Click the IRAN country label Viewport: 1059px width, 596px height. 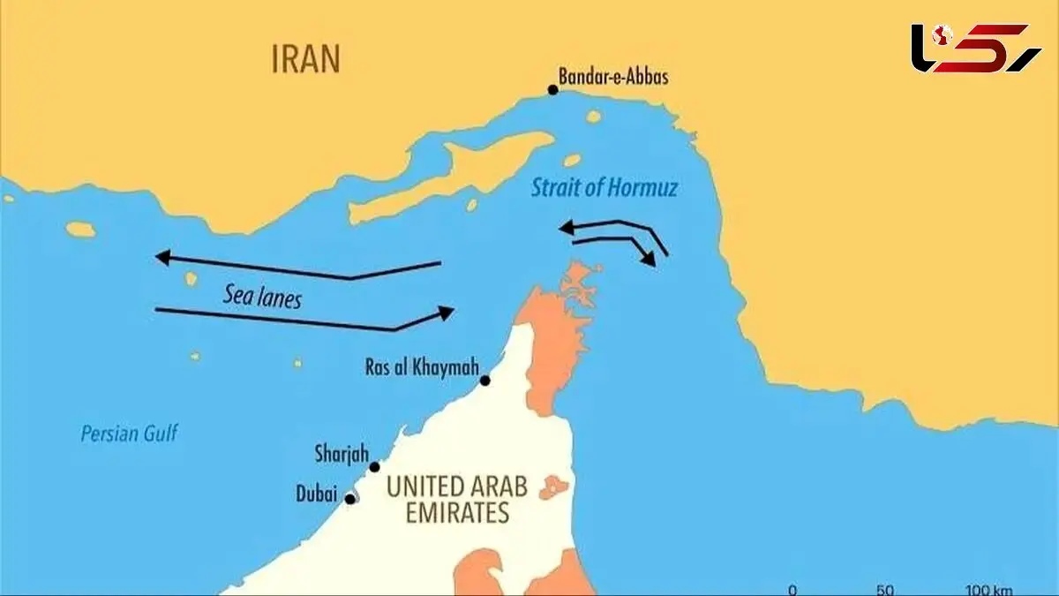[305, 60]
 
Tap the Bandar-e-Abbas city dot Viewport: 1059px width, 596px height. [553, 89]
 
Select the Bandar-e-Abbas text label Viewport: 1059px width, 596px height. [613, 77]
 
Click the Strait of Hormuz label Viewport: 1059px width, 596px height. [605, 188]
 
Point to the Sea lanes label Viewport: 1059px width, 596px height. [262, 298]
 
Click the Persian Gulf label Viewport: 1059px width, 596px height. [129, 434]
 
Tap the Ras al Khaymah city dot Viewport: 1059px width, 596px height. [484, 381]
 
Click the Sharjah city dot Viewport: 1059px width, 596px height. [374, 467]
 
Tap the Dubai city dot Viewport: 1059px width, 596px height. [350, 499]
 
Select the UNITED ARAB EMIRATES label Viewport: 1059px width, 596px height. [457, 499]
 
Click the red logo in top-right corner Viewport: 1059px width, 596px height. [975, 49]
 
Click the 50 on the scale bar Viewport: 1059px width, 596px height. [887, 590]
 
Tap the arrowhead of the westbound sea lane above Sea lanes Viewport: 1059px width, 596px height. [161, 257]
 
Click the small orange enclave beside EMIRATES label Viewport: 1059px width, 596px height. [553, 487]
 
